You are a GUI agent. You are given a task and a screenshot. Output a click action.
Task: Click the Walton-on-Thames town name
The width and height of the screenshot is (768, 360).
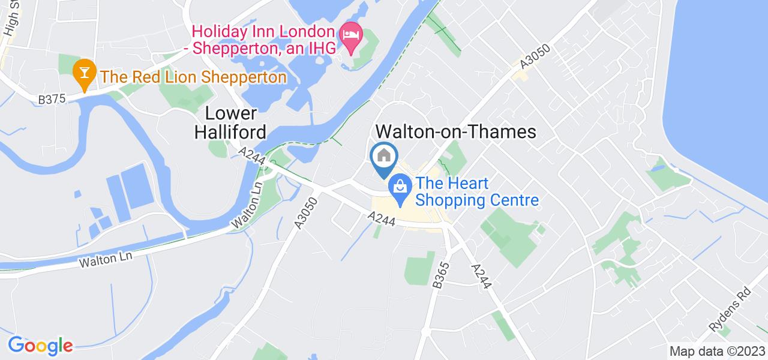click(455, 131)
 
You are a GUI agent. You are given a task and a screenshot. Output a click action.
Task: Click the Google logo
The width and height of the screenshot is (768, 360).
click(40, 345)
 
